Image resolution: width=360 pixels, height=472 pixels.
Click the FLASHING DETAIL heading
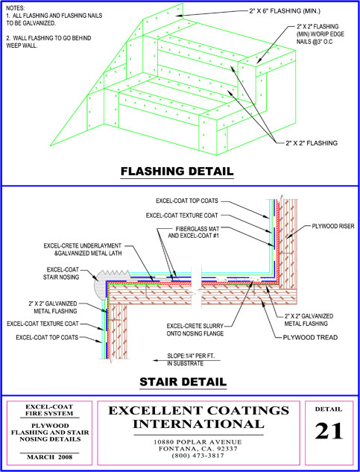(177, 171)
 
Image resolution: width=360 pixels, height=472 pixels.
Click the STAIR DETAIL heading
(183, 382)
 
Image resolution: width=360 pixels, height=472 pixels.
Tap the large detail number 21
(329, 431)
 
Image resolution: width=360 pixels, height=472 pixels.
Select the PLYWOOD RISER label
(333, 227)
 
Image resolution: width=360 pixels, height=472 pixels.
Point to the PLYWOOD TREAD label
(310, 337)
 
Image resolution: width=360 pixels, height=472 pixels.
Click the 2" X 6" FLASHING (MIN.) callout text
(285, 11)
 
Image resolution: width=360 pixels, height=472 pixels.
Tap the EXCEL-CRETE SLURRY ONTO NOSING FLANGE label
(195, 330)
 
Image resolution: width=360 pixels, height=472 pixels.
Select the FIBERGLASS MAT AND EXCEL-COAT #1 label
(193, 232)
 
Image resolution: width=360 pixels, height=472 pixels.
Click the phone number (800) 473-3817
(198, 456)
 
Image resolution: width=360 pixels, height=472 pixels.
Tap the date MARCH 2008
(50, 457)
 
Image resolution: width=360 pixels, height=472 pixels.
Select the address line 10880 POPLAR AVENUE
(198, 442)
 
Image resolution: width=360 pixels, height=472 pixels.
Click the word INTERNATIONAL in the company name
(199, 424)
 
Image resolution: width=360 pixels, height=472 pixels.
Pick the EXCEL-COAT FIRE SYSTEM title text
(49, 410)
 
